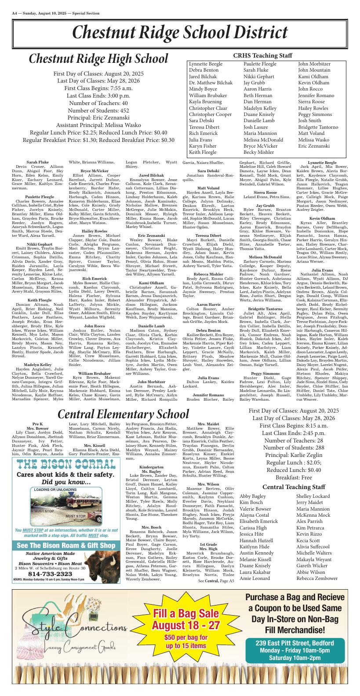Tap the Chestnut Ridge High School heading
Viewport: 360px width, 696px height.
(x=98, y=59)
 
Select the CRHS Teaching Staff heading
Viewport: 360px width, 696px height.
(x=262, y=56)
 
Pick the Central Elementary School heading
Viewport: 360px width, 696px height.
(x=123, y=414)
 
